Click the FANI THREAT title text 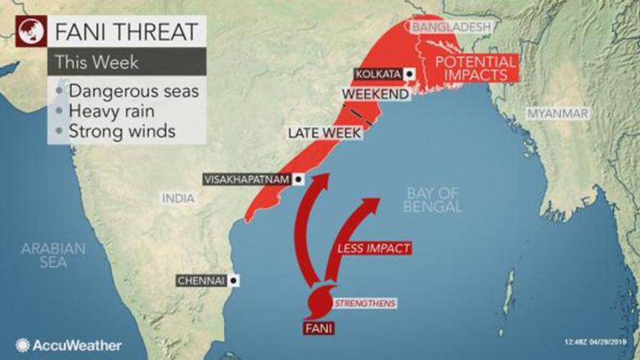(x=122, y=32)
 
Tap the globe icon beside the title (x=27, y=32)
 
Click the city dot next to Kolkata (x=409, y=74)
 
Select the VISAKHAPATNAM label (x=246, y=179)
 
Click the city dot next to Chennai (x=234, y=281)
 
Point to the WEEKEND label (x=375, y=94)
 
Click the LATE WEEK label (x=326, y=134)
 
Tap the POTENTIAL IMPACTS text (x=476, y=68)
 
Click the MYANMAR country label (x=557, y=114)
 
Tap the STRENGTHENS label (x=364, y=303)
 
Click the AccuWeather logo (x=67, y=345)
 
